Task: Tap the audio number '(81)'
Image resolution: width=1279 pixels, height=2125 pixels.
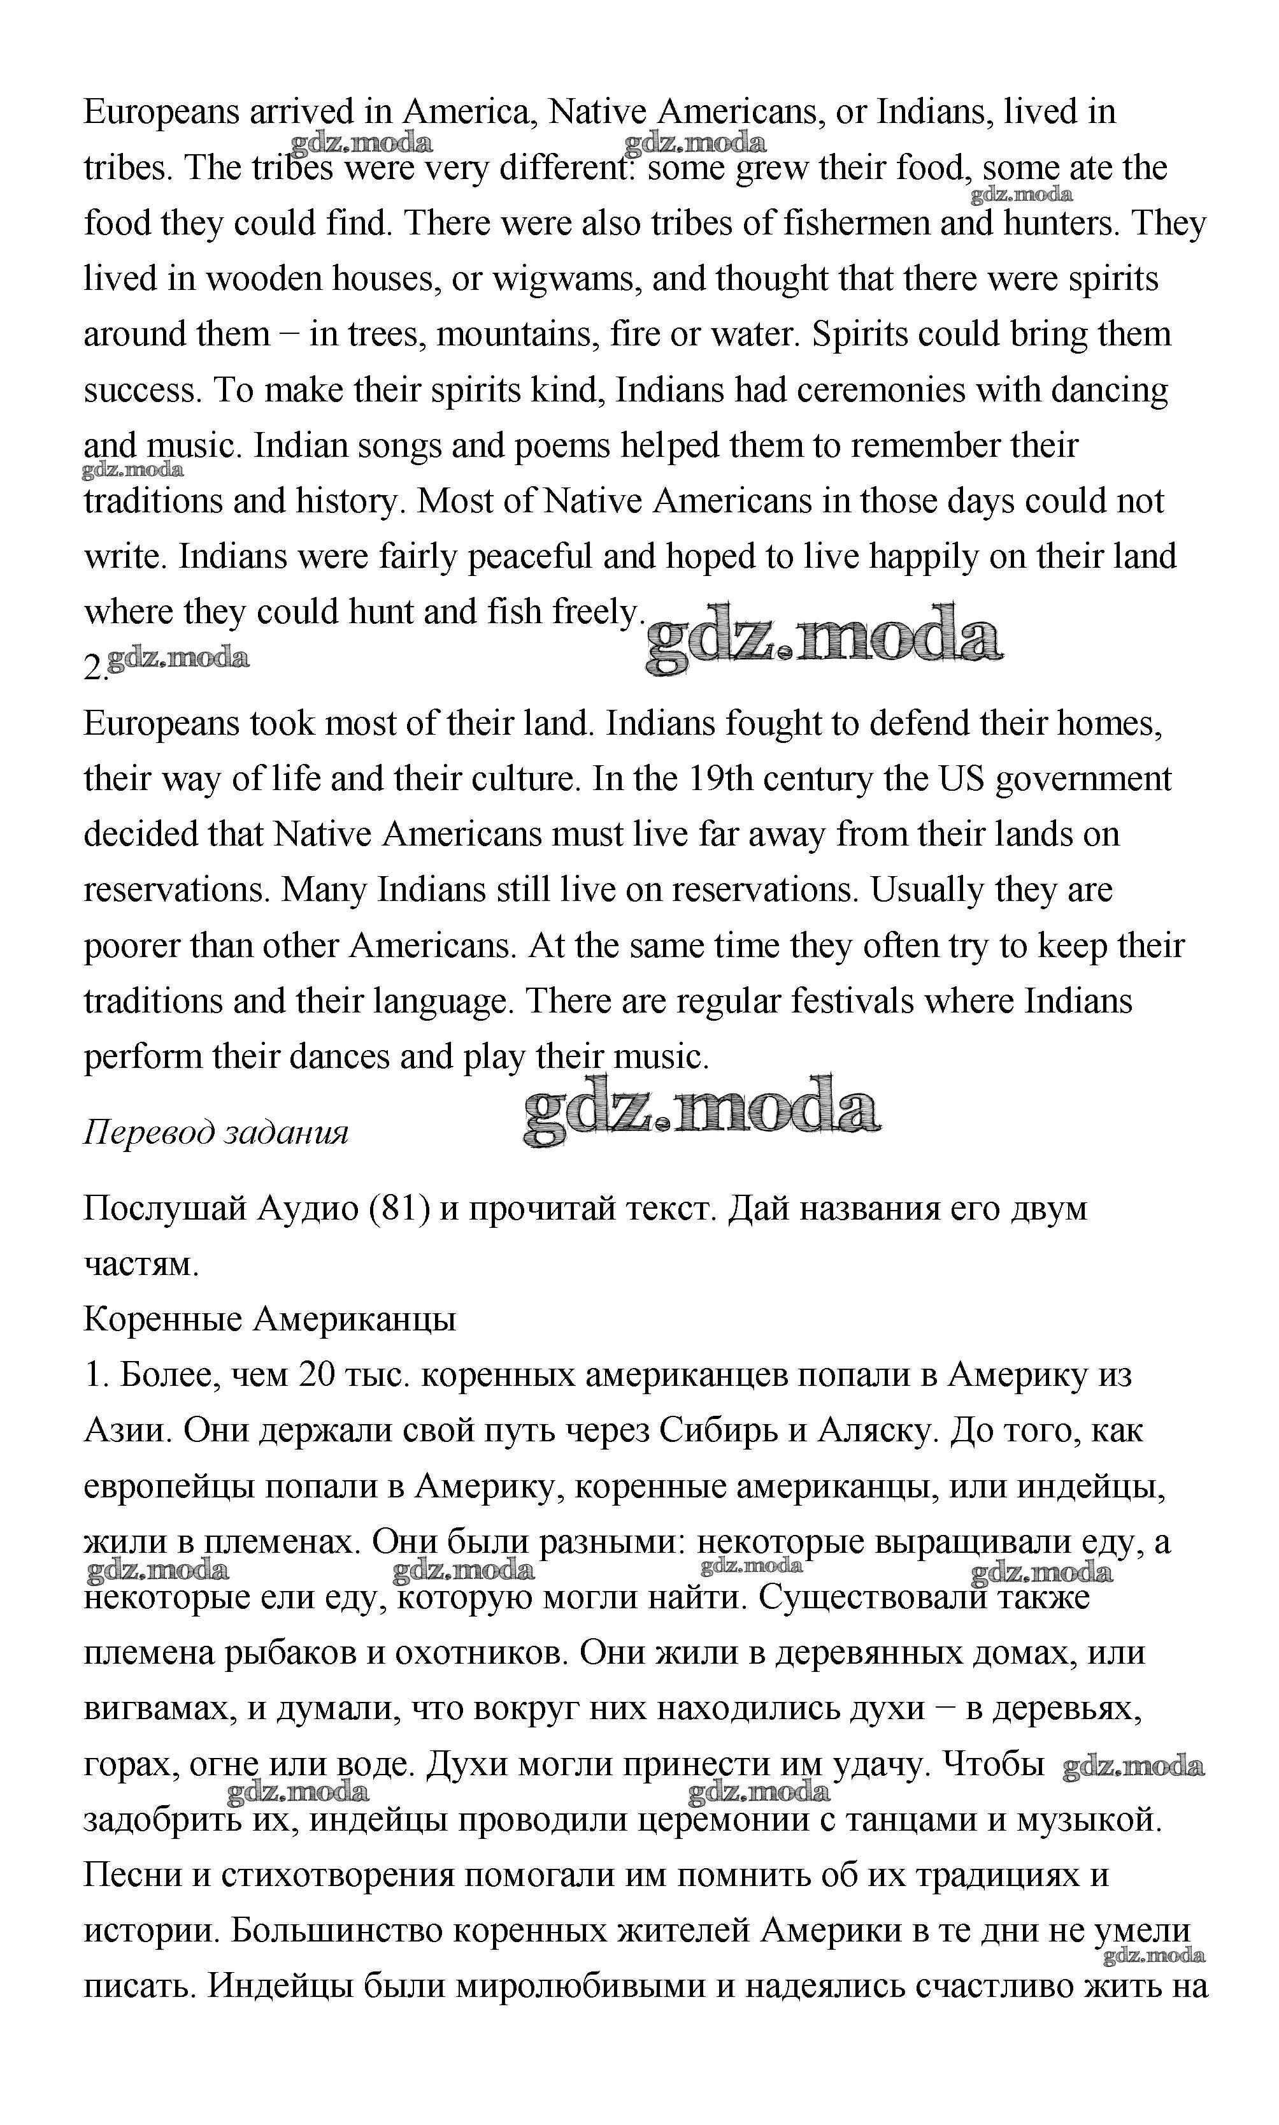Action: (x=399, y=1209)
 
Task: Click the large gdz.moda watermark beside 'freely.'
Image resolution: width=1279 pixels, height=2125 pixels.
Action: (x=824, y=639)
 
